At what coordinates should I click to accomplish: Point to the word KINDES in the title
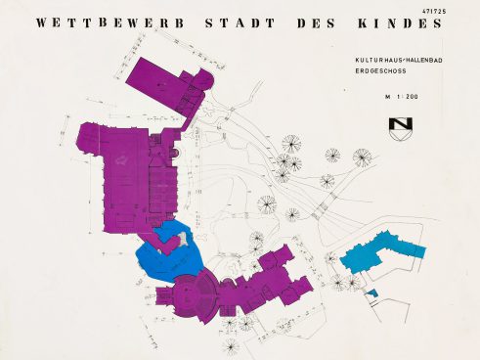point(404,22)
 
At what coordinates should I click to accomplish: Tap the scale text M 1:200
point(401,97)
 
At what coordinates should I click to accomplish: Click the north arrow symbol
point(401,128)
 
